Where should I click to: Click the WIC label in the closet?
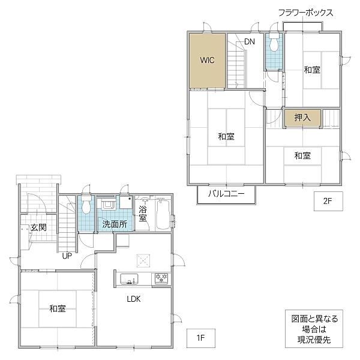pyautogui.click(x=208, y=60)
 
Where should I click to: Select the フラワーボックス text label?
pyautogui.click(x=305, y=13)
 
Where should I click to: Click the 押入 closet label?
pyautogui.click(x=302, y=118)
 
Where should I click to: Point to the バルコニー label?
pyautogui.click(x=226, y=194)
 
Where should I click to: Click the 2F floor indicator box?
pyautogui.click(x=328, y=202)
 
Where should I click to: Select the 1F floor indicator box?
pyautogui.click(x=200, y=337)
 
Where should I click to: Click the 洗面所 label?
pyautogui.click(x=114, y=224)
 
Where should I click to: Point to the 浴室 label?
pyautogui.click(x=143, y=213)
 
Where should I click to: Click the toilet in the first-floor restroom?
pyautogui.click(x=85, y=206)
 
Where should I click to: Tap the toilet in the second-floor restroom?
pyautogui.click(x=274, y=44)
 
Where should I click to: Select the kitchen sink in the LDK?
pyautogui.click(x=129, y=279)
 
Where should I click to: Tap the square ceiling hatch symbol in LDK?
pyautogui.click(x=143, y=260)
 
